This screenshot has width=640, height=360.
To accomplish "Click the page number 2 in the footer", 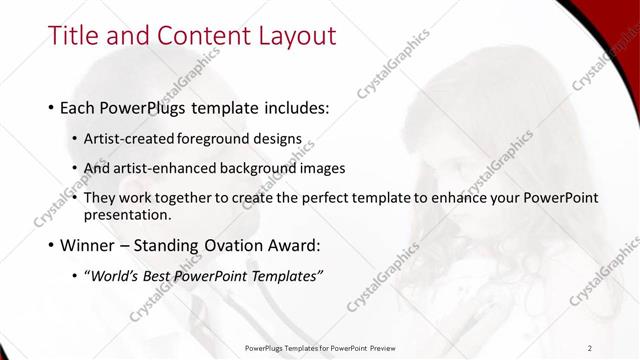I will click(x=590, y=348).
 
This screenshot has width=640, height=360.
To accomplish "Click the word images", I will click(x=323, y=168).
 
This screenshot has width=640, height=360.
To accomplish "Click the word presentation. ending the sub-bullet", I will click(x=128, y=214).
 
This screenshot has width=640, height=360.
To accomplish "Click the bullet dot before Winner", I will click(x=51, y=245).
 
